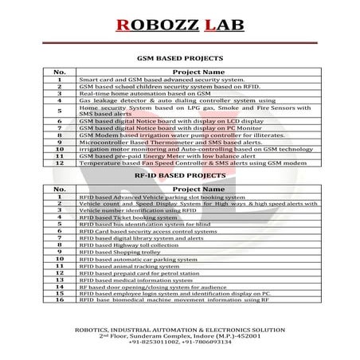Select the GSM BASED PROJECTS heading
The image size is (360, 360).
[x=180, y=58]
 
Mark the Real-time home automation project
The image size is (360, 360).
[x=142, y=94]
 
